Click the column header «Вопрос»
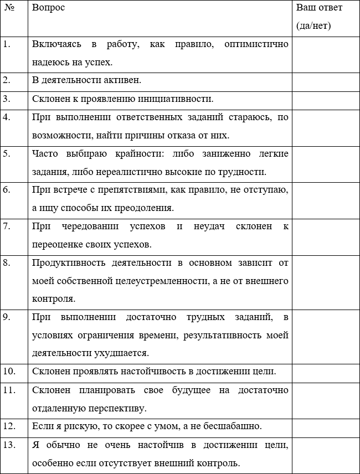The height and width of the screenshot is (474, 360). pos(48,8)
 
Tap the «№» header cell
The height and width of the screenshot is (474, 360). pos(9,8)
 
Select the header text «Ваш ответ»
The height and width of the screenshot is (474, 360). pos(319,8)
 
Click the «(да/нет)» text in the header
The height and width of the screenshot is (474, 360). pos(313,26)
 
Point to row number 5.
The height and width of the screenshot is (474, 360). pos(7,153)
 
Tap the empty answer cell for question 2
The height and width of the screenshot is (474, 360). pos(326,80)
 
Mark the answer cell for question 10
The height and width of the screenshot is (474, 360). pos(326,371)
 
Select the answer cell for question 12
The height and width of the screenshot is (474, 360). pos(326,426)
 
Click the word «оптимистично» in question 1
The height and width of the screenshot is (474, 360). pos(256,44)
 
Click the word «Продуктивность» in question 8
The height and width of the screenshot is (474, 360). pos(64,262)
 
